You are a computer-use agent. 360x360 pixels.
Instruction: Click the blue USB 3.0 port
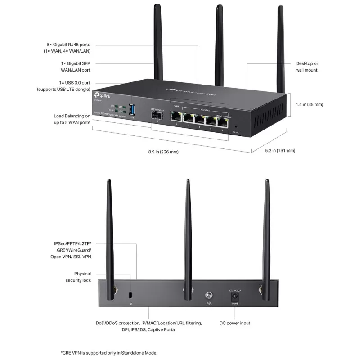[x=132, y=110]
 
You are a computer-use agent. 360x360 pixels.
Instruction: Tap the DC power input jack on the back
[x=234, y=297]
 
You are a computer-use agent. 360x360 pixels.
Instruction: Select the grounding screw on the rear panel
[x=208, y=296]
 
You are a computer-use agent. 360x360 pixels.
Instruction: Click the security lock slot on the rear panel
[x=130, y=295]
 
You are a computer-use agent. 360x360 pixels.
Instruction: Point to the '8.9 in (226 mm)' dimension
[x=163, y=152]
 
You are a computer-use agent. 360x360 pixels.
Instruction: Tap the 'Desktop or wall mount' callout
[x=307, y=67]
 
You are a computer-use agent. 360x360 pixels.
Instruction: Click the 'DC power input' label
[x=235, y=323]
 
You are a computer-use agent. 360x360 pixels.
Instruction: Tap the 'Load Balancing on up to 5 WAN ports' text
[x=72, y=119]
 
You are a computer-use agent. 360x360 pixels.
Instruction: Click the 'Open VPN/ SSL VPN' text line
[x=71, y=256]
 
